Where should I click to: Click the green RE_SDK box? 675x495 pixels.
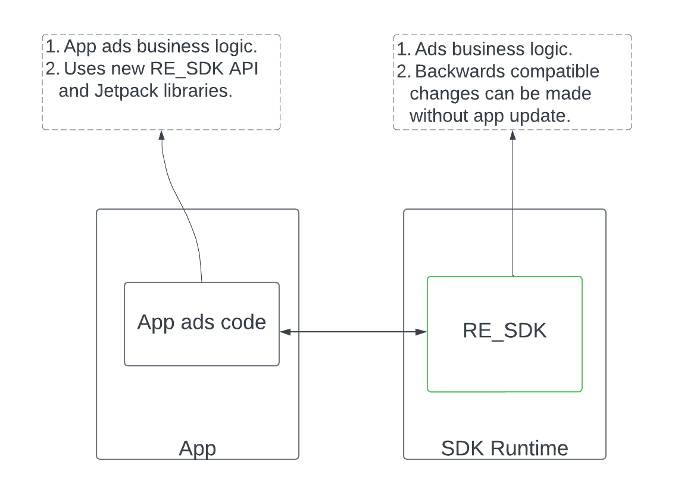point(504,334)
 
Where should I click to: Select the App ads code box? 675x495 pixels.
point(201,323)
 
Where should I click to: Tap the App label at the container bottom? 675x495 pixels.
point(197,448)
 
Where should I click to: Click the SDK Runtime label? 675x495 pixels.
point(504,448)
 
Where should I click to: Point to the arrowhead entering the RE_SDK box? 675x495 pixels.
point(421,332)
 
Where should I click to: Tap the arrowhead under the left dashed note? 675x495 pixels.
point(161,135)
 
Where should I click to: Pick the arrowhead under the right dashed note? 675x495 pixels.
point(512,135)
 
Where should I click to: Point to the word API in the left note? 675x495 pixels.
point(248,69)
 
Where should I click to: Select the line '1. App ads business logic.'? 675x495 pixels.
point(151,46)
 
